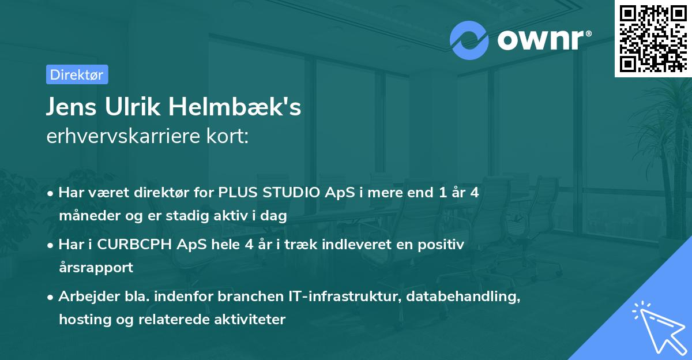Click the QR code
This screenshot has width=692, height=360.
[653, 39]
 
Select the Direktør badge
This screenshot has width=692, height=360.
[77, 74]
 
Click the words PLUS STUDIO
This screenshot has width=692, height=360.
[267, 192]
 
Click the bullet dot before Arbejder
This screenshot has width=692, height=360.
[52, 297]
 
